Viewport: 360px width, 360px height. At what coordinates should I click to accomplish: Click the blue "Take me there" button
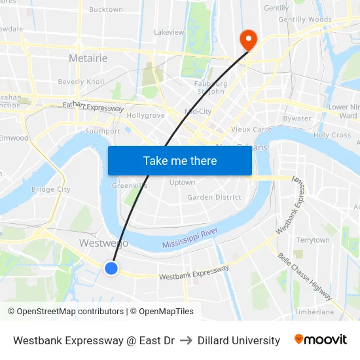tap(179, 161)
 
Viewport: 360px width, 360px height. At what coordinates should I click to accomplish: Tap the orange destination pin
tap(248, 39)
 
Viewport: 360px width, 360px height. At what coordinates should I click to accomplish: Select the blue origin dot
tap(111, 268)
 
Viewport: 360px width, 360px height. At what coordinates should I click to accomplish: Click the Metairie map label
tap(88, 58)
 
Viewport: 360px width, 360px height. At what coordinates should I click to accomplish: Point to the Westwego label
tap(103, 243)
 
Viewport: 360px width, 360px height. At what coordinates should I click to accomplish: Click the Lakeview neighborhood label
tap(169, 32)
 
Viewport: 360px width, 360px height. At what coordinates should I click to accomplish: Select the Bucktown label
tap(105, 10)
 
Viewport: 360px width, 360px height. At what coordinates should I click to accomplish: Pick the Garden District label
tap(214, 197)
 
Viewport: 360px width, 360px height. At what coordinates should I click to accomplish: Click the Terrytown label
tap(312, 240)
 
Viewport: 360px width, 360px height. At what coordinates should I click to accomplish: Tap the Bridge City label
tap(50, 189)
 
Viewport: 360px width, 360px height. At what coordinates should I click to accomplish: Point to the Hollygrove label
tap(145, 115)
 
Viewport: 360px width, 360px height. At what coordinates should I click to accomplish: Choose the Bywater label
tap(297, 118)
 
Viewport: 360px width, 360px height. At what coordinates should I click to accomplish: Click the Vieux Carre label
tap(251, 130)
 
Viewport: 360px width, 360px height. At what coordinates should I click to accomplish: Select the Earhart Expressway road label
tap(93, 106)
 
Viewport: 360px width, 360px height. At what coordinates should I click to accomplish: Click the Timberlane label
tap(314, 312)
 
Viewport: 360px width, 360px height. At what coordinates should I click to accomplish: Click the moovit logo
tap(320, 340)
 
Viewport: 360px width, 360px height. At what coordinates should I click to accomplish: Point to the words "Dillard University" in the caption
tap(238, 340)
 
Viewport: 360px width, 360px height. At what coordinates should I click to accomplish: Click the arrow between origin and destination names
tap(186, 340)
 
